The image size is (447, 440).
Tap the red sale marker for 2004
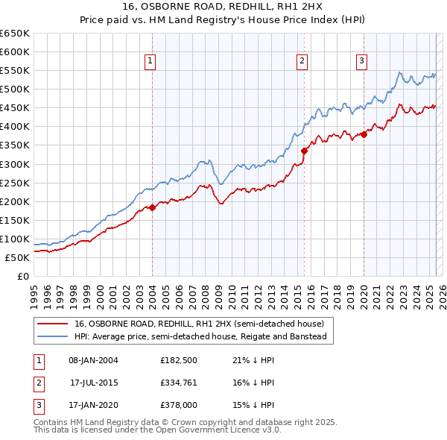tap(152, 207)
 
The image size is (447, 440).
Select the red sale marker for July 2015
tap(304, 151)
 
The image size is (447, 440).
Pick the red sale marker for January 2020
tap(364, 134)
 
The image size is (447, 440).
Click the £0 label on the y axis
tap(22, 276)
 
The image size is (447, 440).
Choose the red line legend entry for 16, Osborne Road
tap(199, 324)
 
